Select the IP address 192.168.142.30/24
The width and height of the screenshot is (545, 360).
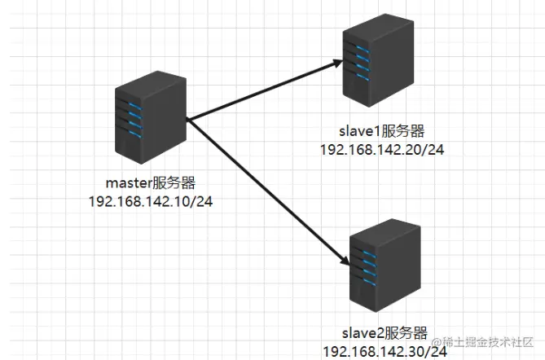(385, 351)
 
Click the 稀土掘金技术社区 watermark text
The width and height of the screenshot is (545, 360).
(492, 342)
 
